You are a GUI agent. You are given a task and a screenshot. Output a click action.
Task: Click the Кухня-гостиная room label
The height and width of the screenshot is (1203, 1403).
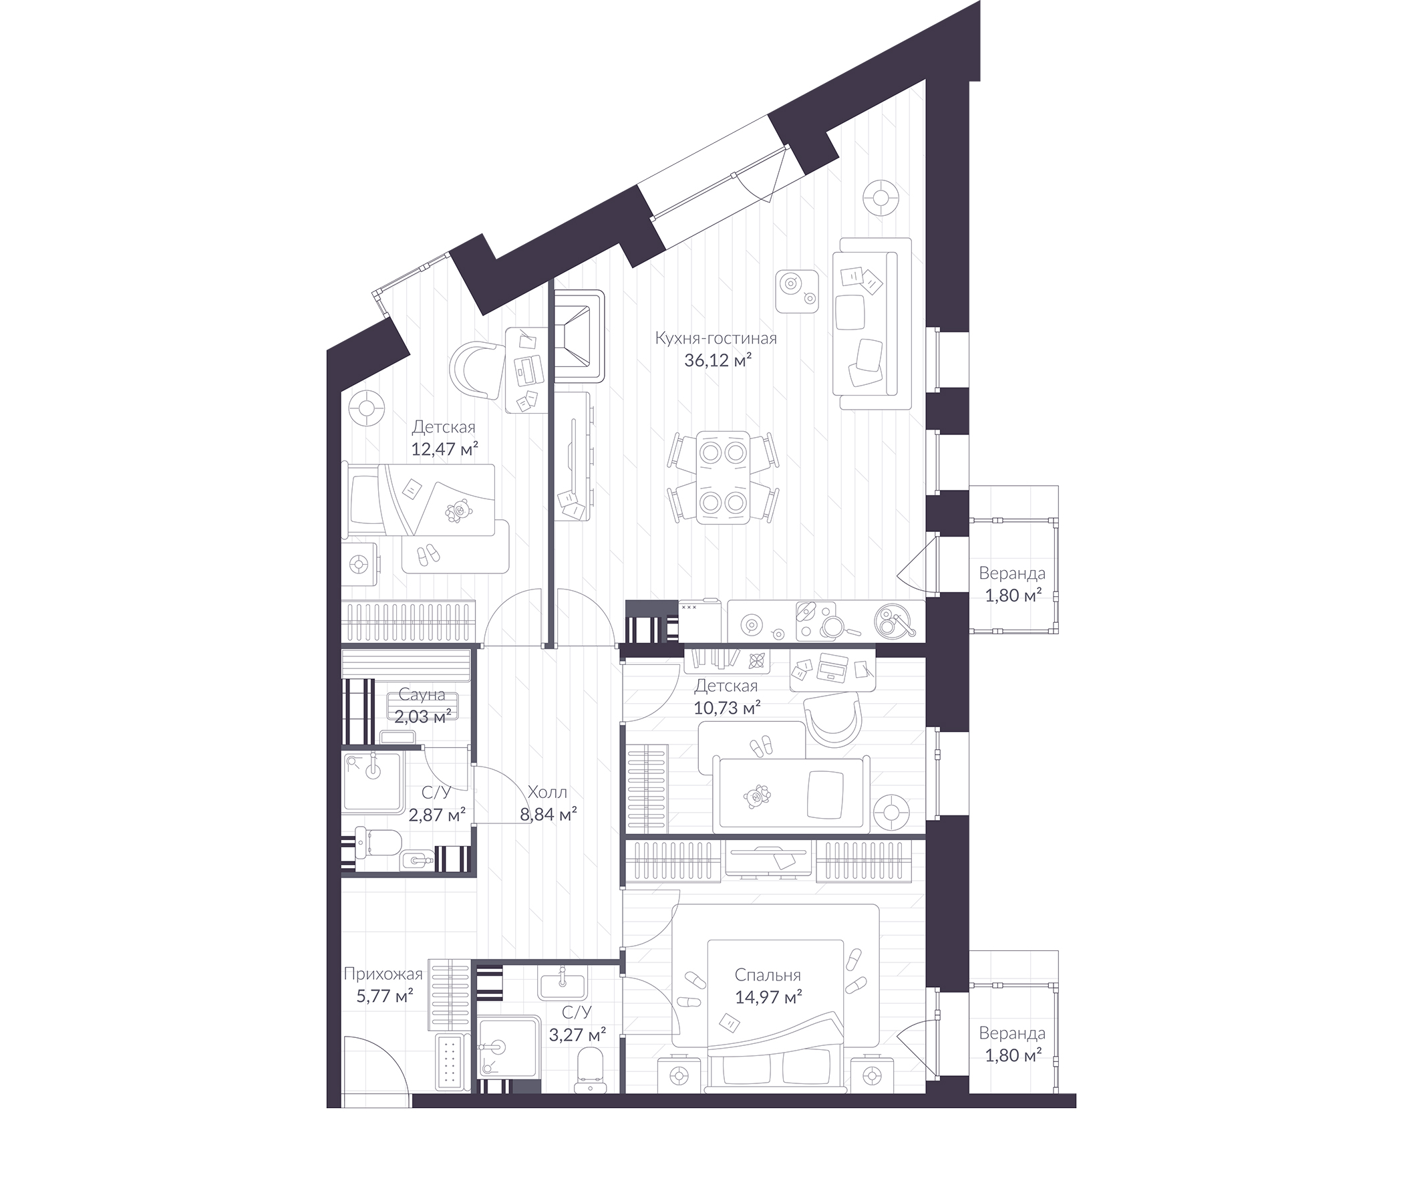click(x=716, y=338)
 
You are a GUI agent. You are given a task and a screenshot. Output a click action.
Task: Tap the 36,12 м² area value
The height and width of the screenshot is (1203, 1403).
click(x=718, y=361)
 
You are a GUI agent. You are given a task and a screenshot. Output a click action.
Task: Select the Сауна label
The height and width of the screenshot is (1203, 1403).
click(x=421, y=694)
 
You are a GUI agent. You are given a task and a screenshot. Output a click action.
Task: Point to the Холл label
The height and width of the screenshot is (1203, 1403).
click(x=547, y=792)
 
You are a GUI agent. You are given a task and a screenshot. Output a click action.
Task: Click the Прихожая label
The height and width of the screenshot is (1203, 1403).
click(x=383, y=974)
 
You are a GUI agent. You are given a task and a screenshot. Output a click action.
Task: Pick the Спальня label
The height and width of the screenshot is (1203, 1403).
click(x=768, y=975)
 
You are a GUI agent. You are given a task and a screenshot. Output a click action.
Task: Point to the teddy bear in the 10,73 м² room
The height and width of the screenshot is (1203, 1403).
click(x=757, y=797)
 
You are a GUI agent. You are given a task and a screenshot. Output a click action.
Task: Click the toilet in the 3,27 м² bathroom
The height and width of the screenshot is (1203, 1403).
click(x=591, y=1069)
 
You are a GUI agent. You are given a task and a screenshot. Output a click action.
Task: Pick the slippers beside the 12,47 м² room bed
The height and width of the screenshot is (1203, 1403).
click(x=427, y=555)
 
